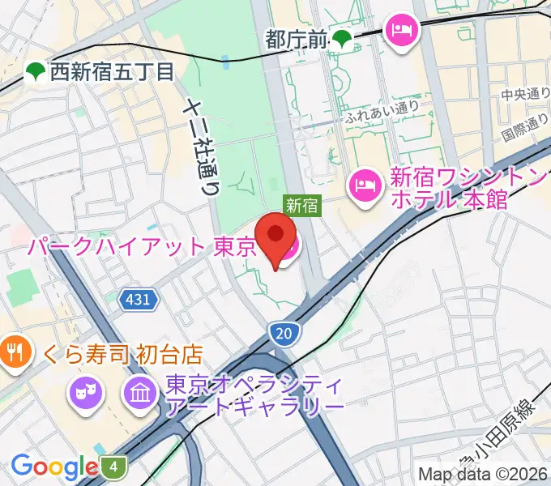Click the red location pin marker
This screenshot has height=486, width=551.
point(275,237)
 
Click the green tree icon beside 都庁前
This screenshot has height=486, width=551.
point(344,38)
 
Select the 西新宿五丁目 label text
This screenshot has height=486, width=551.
point(111,72)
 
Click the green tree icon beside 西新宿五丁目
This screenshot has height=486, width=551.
point(35,73)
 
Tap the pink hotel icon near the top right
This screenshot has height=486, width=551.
point(401,30)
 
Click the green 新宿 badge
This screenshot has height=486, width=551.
point(301,207)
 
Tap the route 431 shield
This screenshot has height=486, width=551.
point(138,301)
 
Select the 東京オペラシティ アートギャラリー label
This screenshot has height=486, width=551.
point(256,393)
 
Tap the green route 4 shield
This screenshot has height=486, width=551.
point(114,467)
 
